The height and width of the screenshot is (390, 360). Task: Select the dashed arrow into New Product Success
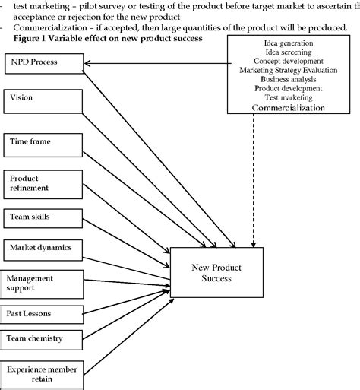pyautogui.click(x=253, y=182)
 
